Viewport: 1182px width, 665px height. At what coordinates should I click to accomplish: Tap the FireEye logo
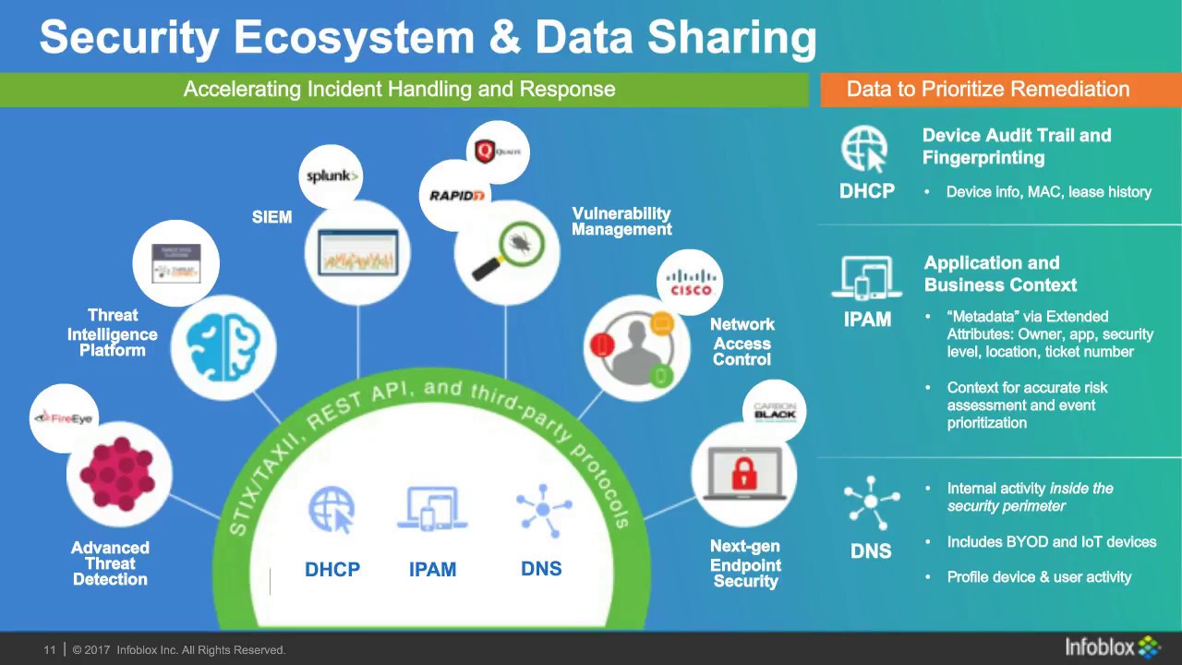click(x=64, y=418)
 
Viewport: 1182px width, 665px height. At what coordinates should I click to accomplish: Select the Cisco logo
click(x=691, y=283)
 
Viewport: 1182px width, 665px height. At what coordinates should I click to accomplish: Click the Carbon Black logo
click(x=774, y=412)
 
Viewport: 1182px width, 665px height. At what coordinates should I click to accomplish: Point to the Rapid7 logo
click(x=457, y=195)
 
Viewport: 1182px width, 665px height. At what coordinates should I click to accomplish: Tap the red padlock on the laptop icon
click(x=744, y=474)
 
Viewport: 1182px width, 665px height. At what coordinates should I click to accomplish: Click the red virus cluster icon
click(x=117, y=474)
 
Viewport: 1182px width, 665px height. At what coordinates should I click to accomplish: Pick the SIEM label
click(x=271, y=217)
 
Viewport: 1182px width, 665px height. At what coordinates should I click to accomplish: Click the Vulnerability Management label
click(x=621, y=222)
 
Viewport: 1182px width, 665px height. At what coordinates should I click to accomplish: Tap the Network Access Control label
click(x=742, y=342)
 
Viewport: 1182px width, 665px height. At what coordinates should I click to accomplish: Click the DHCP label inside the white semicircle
click(x=332, y=570)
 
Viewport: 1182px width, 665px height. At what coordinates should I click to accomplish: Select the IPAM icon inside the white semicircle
click(x=432, y=509)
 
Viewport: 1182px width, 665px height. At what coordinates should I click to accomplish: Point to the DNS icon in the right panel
click(x=871, y=503)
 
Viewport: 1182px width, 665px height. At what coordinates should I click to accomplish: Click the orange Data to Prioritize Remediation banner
click(x=988, y=90)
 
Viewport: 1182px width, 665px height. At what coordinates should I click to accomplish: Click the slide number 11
click(x=50, y=650)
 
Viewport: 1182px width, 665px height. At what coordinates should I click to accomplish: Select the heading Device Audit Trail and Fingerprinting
click(x=1016, y=146)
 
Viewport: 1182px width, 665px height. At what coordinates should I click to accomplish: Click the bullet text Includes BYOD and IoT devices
click(x=1051, y=542)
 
